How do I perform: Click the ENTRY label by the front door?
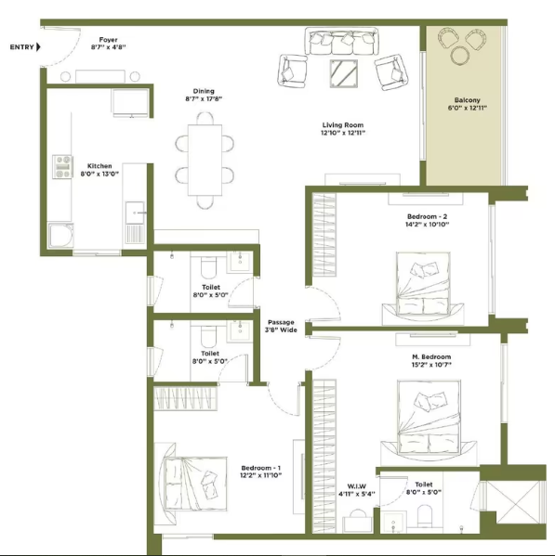(22, 46)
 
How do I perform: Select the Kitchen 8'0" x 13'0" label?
(99, 170)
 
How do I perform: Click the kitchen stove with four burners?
(62, 166)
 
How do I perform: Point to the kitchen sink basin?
(135, 213)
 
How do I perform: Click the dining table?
(205, 160)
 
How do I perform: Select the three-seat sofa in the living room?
(341, 41)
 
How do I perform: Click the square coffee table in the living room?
(343, 73)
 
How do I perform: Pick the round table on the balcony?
(460, 56)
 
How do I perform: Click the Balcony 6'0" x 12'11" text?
(467, 104)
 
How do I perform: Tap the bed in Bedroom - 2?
(423, 284)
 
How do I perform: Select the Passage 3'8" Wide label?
(281, 326)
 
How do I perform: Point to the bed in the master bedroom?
(429, 418)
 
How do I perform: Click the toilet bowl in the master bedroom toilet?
(424, 516)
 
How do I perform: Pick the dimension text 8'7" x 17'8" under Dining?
(204, 99)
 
